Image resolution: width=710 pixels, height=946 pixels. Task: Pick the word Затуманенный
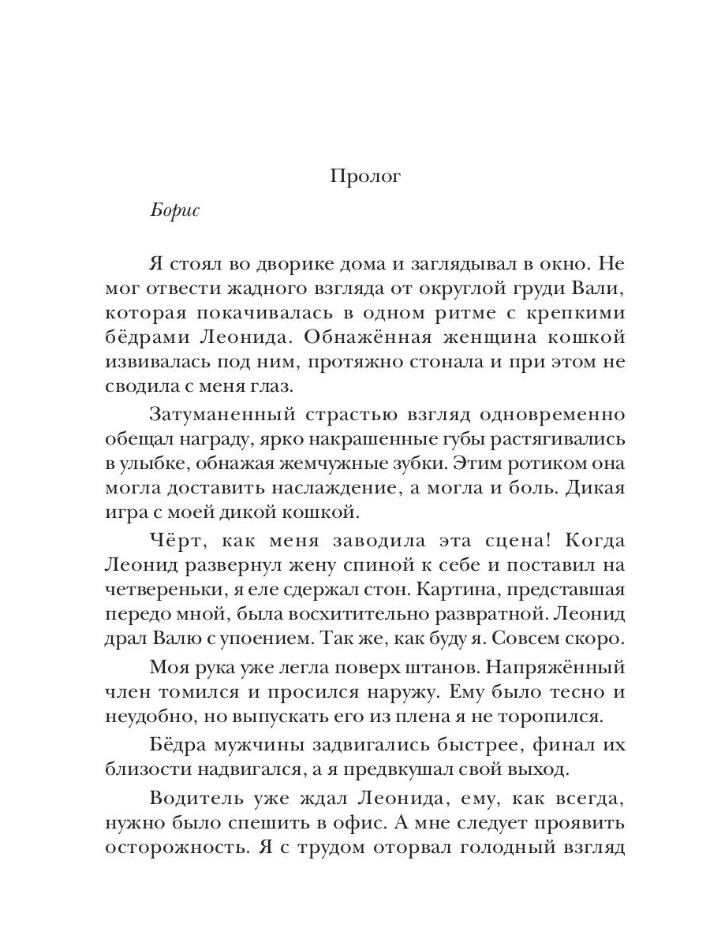[215, 413]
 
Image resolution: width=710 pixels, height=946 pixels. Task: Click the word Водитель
[191, 798]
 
